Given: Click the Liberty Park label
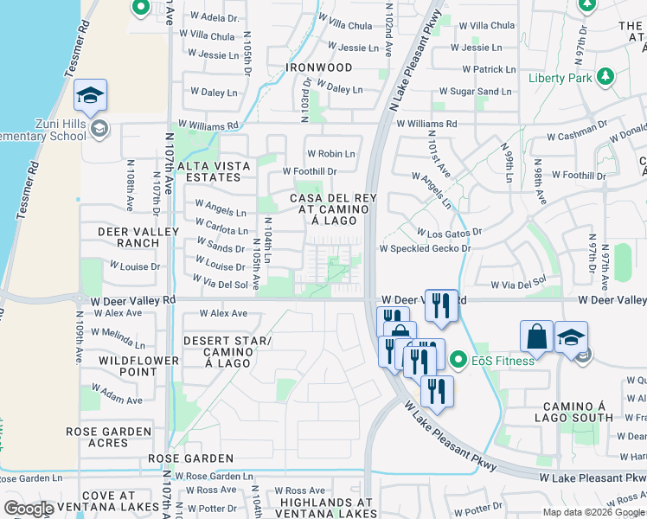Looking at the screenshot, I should (561, 78).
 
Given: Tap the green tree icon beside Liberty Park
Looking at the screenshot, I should (605, 77).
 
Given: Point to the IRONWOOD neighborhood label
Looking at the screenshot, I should (320, 67).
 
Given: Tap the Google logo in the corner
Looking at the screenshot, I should (29, 509).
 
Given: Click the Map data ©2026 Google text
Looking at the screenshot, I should (593, 512).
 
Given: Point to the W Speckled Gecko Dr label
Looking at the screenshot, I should (424, 248).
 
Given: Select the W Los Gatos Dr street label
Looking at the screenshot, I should (448, 233).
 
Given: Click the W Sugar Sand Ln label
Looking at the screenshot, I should (475, 91).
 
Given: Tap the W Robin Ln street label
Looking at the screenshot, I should (330, 154).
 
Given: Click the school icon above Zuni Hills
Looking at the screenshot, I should (90, 96).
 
